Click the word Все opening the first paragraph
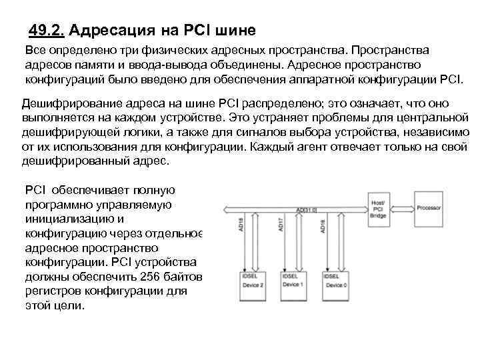pyautogui.click(x=37, y=51)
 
